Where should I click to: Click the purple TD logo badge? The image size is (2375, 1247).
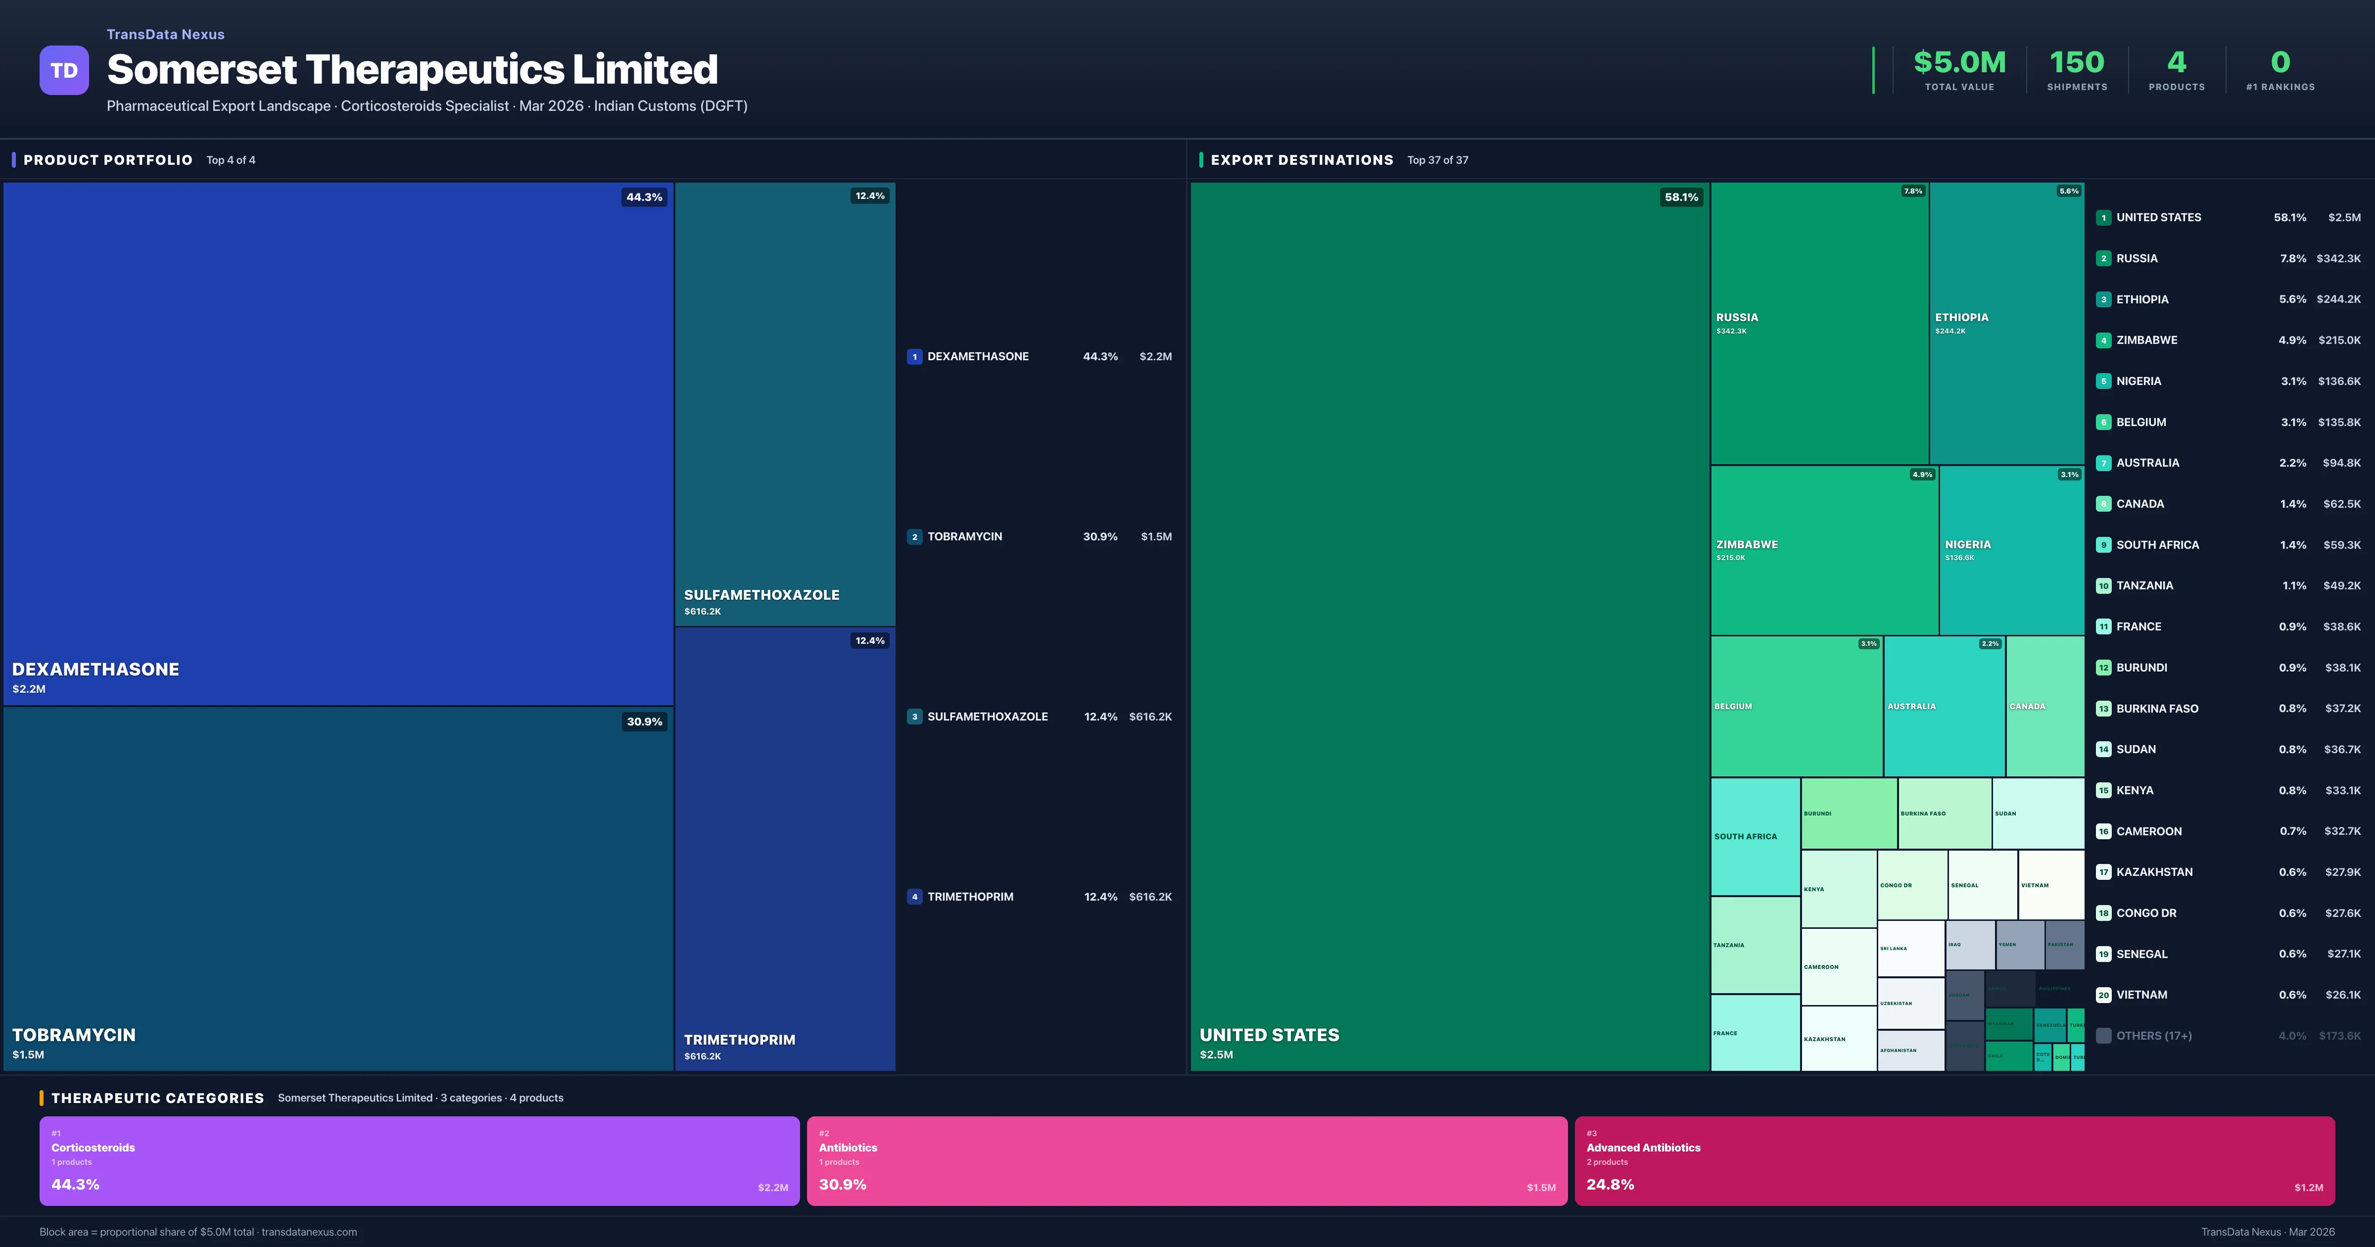[x=64, y=70]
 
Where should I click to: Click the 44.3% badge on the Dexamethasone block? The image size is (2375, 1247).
[x=644, y=197]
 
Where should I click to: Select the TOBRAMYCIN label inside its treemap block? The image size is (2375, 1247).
[x=74, y=1035]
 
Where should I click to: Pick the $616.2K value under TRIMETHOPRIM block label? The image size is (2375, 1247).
[x=703, y=1056]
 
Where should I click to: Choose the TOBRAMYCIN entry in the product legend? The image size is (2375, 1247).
[x=964, y=537]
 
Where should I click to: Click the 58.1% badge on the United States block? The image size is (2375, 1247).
[x=1681, y=197]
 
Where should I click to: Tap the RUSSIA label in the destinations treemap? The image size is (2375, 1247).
[x=1737, y=317]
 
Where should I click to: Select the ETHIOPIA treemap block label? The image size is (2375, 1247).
[x=1961, y=317]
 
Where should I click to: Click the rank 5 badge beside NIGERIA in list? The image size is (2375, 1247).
[x=2103, y=382]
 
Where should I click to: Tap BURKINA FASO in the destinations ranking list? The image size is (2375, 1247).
[x=2156, y=708]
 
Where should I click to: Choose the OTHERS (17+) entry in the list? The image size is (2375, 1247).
[x=2154, y=1036]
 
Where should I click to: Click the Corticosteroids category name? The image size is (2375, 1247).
[x=93, y=1148]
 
